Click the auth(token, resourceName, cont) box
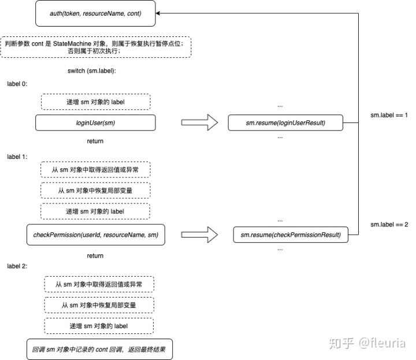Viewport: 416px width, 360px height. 96,13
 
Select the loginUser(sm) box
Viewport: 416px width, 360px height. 96,123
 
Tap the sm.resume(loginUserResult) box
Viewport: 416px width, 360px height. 286,123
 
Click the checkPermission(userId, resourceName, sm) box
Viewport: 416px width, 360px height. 96,235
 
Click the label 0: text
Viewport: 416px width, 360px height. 17,84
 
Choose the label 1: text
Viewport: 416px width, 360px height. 17,156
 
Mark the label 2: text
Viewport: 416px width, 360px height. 17,266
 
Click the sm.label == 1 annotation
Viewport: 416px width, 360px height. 389,116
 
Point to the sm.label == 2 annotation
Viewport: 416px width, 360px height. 389,225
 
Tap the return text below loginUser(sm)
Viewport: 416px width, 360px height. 95,141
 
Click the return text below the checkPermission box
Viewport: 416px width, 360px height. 95,255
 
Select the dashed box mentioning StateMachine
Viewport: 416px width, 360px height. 96,47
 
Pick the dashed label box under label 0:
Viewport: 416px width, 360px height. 96,102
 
